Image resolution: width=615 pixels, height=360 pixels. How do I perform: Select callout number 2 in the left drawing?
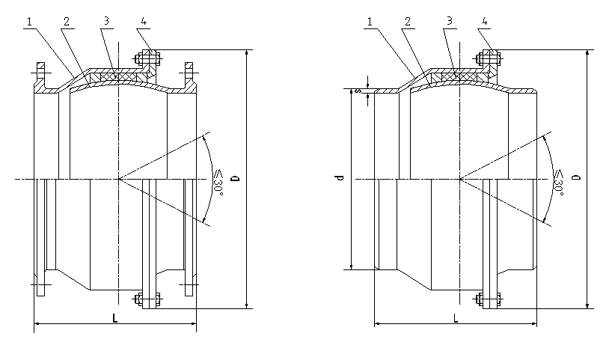pyautogui.click(x=67, y=22)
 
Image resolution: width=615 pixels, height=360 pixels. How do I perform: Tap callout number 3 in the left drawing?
pyautogui.click(x=107, y=22)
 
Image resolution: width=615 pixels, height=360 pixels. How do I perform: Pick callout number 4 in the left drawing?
pyautogui.click(x=143, y=22)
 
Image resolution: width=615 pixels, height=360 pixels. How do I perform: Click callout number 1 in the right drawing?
pyautogui.click(x=370, y=22)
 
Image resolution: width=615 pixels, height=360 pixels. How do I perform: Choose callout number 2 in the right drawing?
pyautogui.click(x=407, y=22)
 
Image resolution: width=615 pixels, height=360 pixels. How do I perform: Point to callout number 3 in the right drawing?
pyautogui.click(x=447, y=22)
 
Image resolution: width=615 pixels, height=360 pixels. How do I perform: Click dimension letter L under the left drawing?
pyautogui.click(x=114, y=317)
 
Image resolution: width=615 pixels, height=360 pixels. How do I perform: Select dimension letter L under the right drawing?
pyautogui.click(x=456, y=317)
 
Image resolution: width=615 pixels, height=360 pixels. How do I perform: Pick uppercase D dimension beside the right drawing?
pyautogui.click(x=575, y=179)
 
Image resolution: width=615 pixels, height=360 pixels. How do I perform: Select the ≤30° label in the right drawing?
pyautogui.click(x=558, y=180)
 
